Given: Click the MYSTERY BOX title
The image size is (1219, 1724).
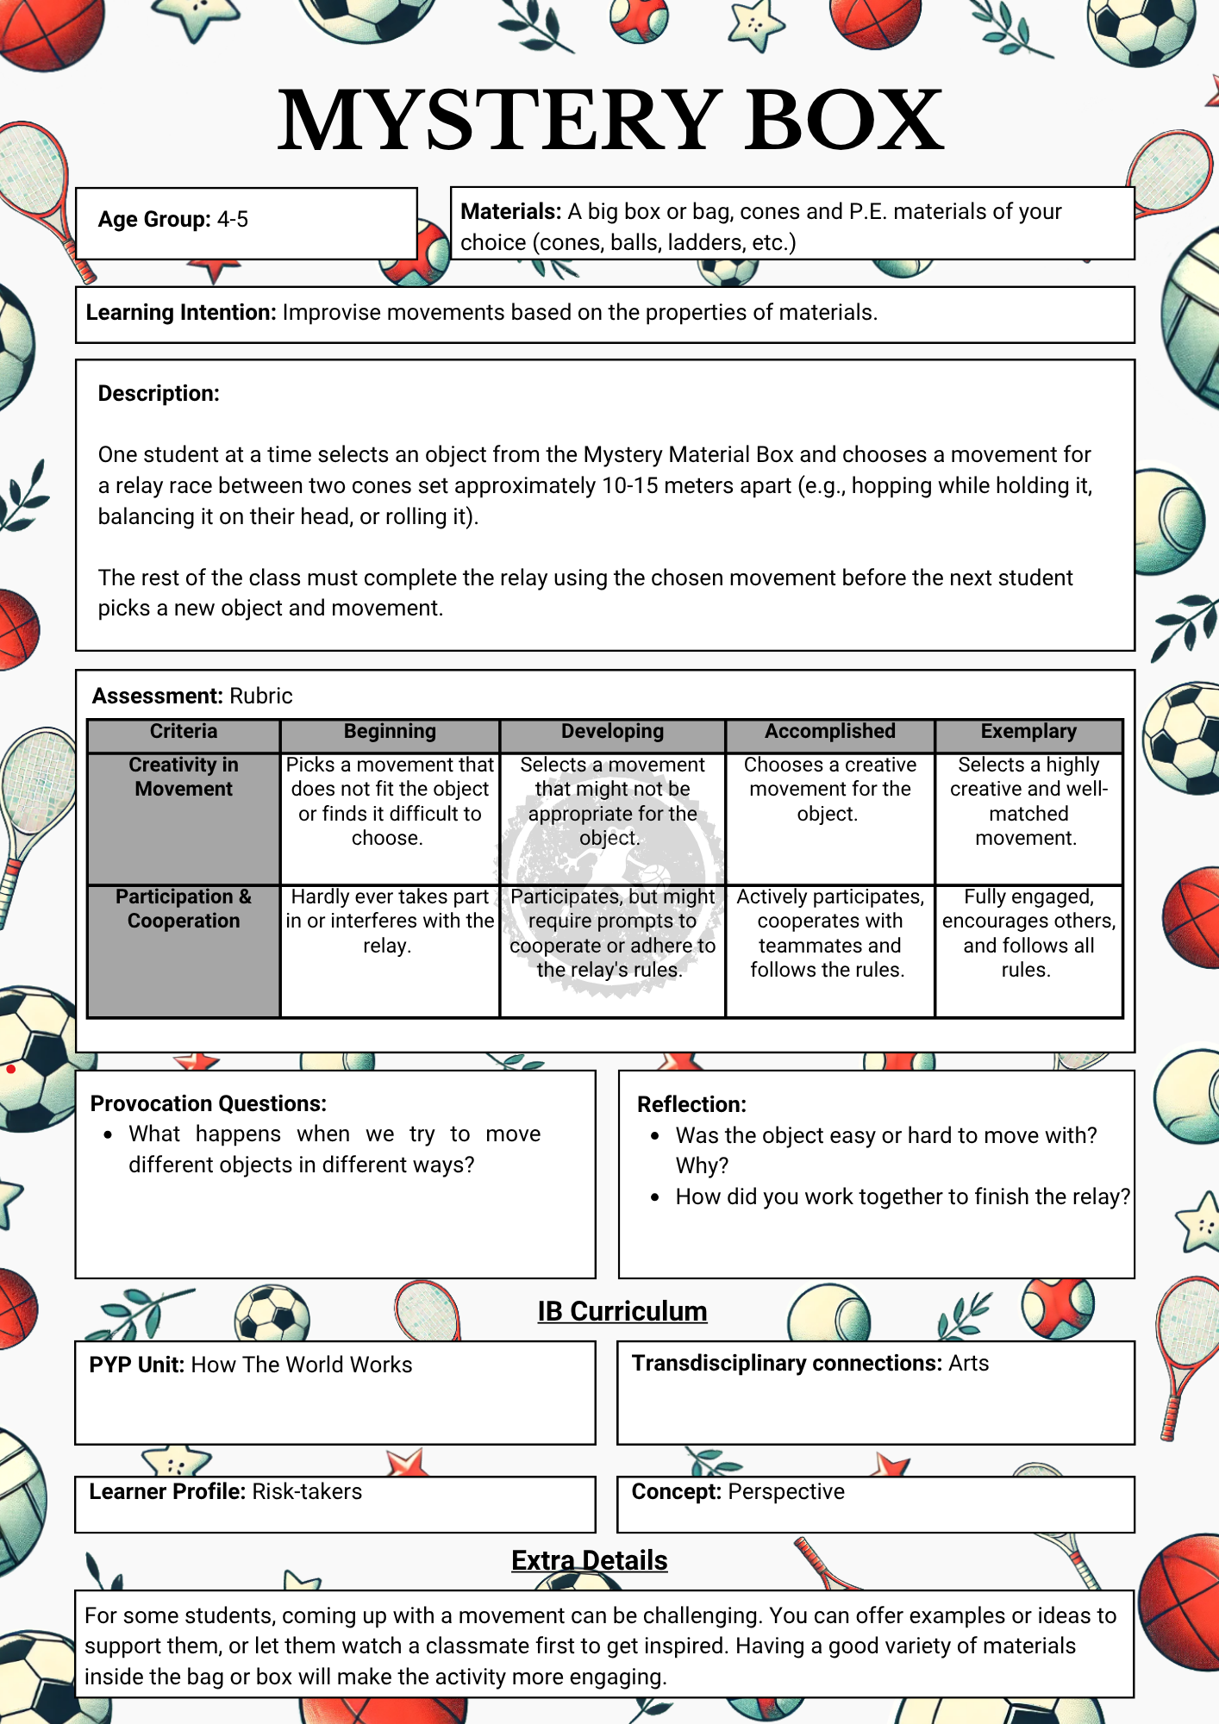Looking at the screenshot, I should coord(610,121).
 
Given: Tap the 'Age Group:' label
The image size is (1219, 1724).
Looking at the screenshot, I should coord(153,220).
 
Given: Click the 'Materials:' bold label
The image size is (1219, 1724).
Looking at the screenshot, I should coord(510,212).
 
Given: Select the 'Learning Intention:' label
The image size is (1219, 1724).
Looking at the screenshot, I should coord(180,313).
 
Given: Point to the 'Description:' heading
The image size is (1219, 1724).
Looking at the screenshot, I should coord(159,394).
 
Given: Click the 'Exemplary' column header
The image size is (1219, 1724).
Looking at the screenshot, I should coord(1028,732).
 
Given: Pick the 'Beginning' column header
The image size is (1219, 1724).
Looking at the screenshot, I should coord(390,732).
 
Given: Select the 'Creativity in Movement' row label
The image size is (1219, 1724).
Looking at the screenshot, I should coord(184,777).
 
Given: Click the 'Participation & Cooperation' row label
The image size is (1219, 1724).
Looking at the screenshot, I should coord(184,909).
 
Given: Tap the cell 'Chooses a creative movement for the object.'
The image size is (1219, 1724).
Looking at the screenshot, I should coord(829,789).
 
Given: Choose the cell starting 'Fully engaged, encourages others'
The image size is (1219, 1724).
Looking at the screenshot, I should coord(1028,933).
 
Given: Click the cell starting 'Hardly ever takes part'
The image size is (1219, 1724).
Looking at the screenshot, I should coord(390,921).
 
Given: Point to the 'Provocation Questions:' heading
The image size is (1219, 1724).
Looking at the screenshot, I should coord(209,1104).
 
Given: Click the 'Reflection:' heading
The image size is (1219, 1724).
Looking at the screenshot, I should coord(691,1105).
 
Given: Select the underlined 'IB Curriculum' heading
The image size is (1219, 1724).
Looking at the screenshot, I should coord(622,1311).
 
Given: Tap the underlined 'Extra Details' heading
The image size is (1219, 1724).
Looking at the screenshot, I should coord(589,1560).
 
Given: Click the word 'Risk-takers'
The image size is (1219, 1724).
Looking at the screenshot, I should coord(307,1492).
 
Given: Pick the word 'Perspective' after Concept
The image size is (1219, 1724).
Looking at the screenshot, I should coord(786,1492).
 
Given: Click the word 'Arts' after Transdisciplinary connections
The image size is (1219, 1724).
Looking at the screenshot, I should coord(968,1364).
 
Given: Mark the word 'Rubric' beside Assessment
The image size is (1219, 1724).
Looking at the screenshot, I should coord(261,696).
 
